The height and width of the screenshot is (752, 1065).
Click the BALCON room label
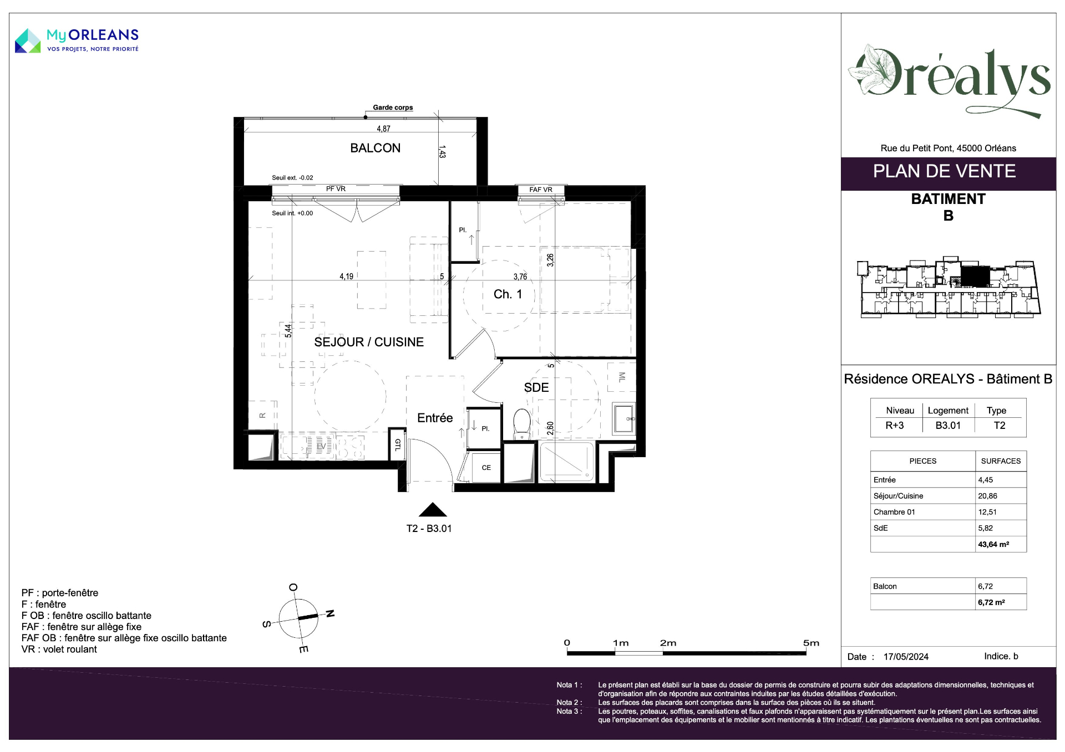pyautogui.click(x=375, y=148)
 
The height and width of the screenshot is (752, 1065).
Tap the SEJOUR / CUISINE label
pyautogui.click(x=369, y=342)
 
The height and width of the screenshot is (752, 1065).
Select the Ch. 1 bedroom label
pyautogui.click(x=508, y=294)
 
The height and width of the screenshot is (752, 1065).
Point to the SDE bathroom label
pyautogui.click(x=536, y=387)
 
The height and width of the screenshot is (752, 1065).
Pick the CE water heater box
pyautogui.click(x=486, y=468)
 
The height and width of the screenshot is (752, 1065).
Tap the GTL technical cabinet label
pyautogui.click(x=397, y=444)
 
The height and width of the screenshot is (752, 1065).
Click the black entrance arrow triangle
pyautogui.click(x=433, y=510)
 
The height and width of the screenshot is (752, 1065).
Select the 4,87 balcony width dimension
pyautogui.click(x=383, y=129)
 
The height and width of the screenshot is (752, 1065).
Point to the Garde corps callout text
pyautogui.click(x=393, y=108)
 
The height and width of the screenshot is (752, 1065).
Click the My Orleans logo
pyautogui.click(x=77, y=40)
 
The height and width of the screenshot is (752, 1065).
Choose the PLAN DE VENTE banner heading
pyautogui.click(x=944, y=171)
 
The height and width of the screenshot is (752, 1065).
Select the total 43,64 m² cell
pyautogui.click(x=993, y=544)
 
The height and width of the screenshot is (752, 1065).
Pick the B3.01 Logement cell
pyautogui.click(x=947, y=426)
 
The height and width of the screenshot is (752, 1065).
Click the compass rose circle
pyautogui.click(x=298, y=618)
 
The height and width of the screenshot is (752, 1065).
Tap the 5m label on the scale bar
pyautogui.click(x=811, y=643)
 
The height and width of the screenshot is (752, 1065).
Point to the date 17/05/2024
pyautogui.click(x=906, y=657)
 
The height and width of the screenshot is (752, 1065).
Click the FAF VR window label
pyautogui.click(x=541, y=190)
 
